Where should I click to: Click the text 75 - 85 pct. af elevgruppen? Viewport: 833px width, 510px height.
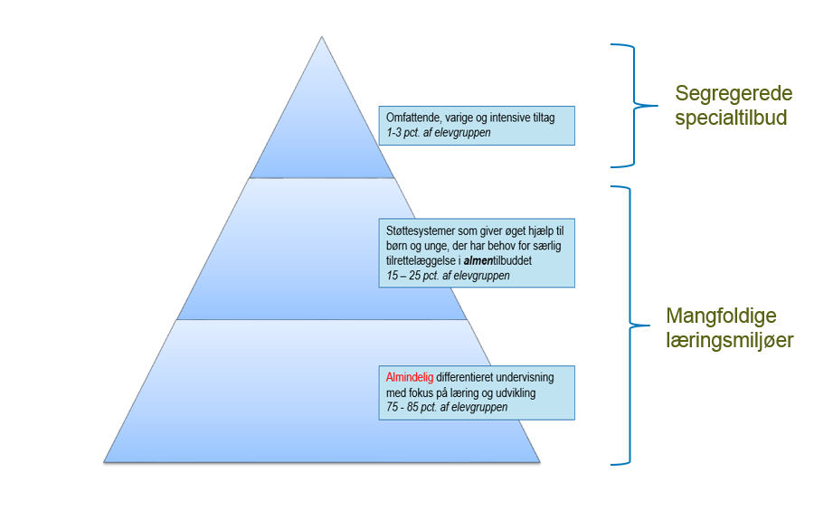tap(447, 407)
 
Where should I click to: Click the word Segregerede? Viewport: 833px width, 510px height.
tap(734, 94)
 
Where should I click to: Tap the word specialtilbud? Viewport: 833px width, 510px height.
tap(731, 118)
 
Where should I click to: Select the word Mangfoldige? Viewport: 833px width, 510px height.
tap(721, 316)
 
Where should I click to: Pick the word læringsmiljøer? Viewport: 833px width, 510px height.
tap(730, 341)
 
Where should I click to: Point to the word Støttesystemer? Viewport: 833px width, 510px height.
tap(417, 231)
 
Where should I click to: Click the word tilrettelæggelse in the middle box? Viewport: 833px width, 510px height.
tap(419, 260)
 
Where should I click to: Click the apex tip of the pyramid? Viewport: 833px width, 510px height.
tap(322, 38)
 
